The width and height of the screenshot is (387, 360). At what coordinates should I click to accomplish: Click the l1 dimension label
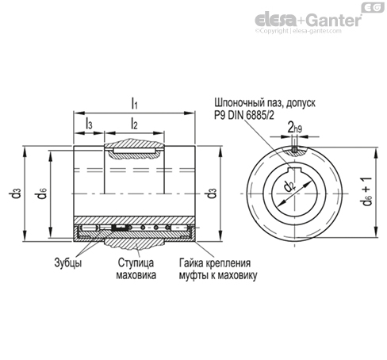point(135,103)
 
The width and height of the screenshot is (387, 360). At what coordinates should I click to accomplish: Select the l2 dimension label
point(134,124)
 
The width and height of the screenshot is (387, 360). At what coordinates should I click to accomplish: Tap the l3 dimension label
point(89,124)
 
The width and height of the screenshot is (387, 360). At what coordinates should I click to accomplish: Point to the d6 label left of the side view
point(41,193)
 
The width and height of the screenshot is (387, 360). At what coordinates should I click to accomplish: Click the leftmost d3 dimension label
point(15,193)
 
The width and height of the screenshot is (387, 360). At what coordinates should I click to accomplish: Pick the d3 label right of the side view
point(212,193)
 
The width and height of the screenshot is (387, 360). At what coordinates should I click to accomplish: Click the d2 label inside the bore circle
point(289,186)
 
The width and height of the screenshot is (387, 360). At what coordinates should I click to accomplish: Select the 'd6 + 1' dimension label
point(367,191)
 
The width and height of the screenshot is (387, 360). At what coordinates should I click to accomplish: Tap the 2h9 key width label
point(295,128)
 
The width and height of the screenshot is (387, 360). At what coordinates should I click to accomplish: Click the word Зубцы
point(68,262)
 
